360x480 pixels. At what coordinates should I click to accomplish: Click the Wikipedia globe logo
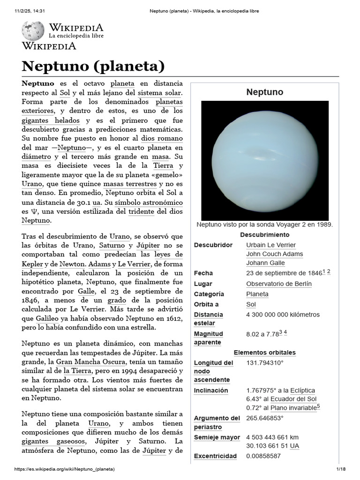33,31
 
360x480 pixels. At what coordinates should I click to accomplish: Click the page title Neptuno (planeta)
93,66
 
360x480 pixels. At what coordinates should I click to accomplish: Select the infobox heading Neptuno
265,92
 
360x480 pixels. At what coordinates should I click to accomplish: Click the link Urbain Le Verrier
271,245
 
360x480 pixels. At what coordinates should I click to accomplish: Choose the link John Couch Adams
274,254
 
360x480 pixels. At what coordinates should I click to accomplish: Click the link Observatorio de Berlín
278,284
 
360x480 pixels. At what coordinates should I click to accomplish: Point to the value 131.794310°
265,363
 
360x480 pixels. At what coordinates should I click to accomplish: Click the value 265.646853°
265,418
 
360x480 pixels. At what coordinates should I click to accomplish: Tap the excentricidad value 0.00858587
263,456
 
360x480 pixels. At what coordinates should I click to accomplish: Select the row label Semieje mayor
217,437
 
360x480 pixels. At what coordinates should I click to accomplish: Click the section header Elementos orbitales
265,352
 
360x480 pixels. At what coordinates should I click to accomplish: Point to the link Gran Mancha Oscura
90,362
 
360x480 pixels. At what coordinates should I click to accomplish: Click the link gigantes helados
47,120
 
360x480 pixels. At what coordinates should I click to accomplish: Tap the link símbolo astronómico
149,202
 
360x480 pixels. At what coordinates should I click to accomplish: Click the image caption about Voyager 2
265,225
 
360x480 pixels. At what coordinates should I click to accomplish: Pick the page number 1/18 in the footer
340,469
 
